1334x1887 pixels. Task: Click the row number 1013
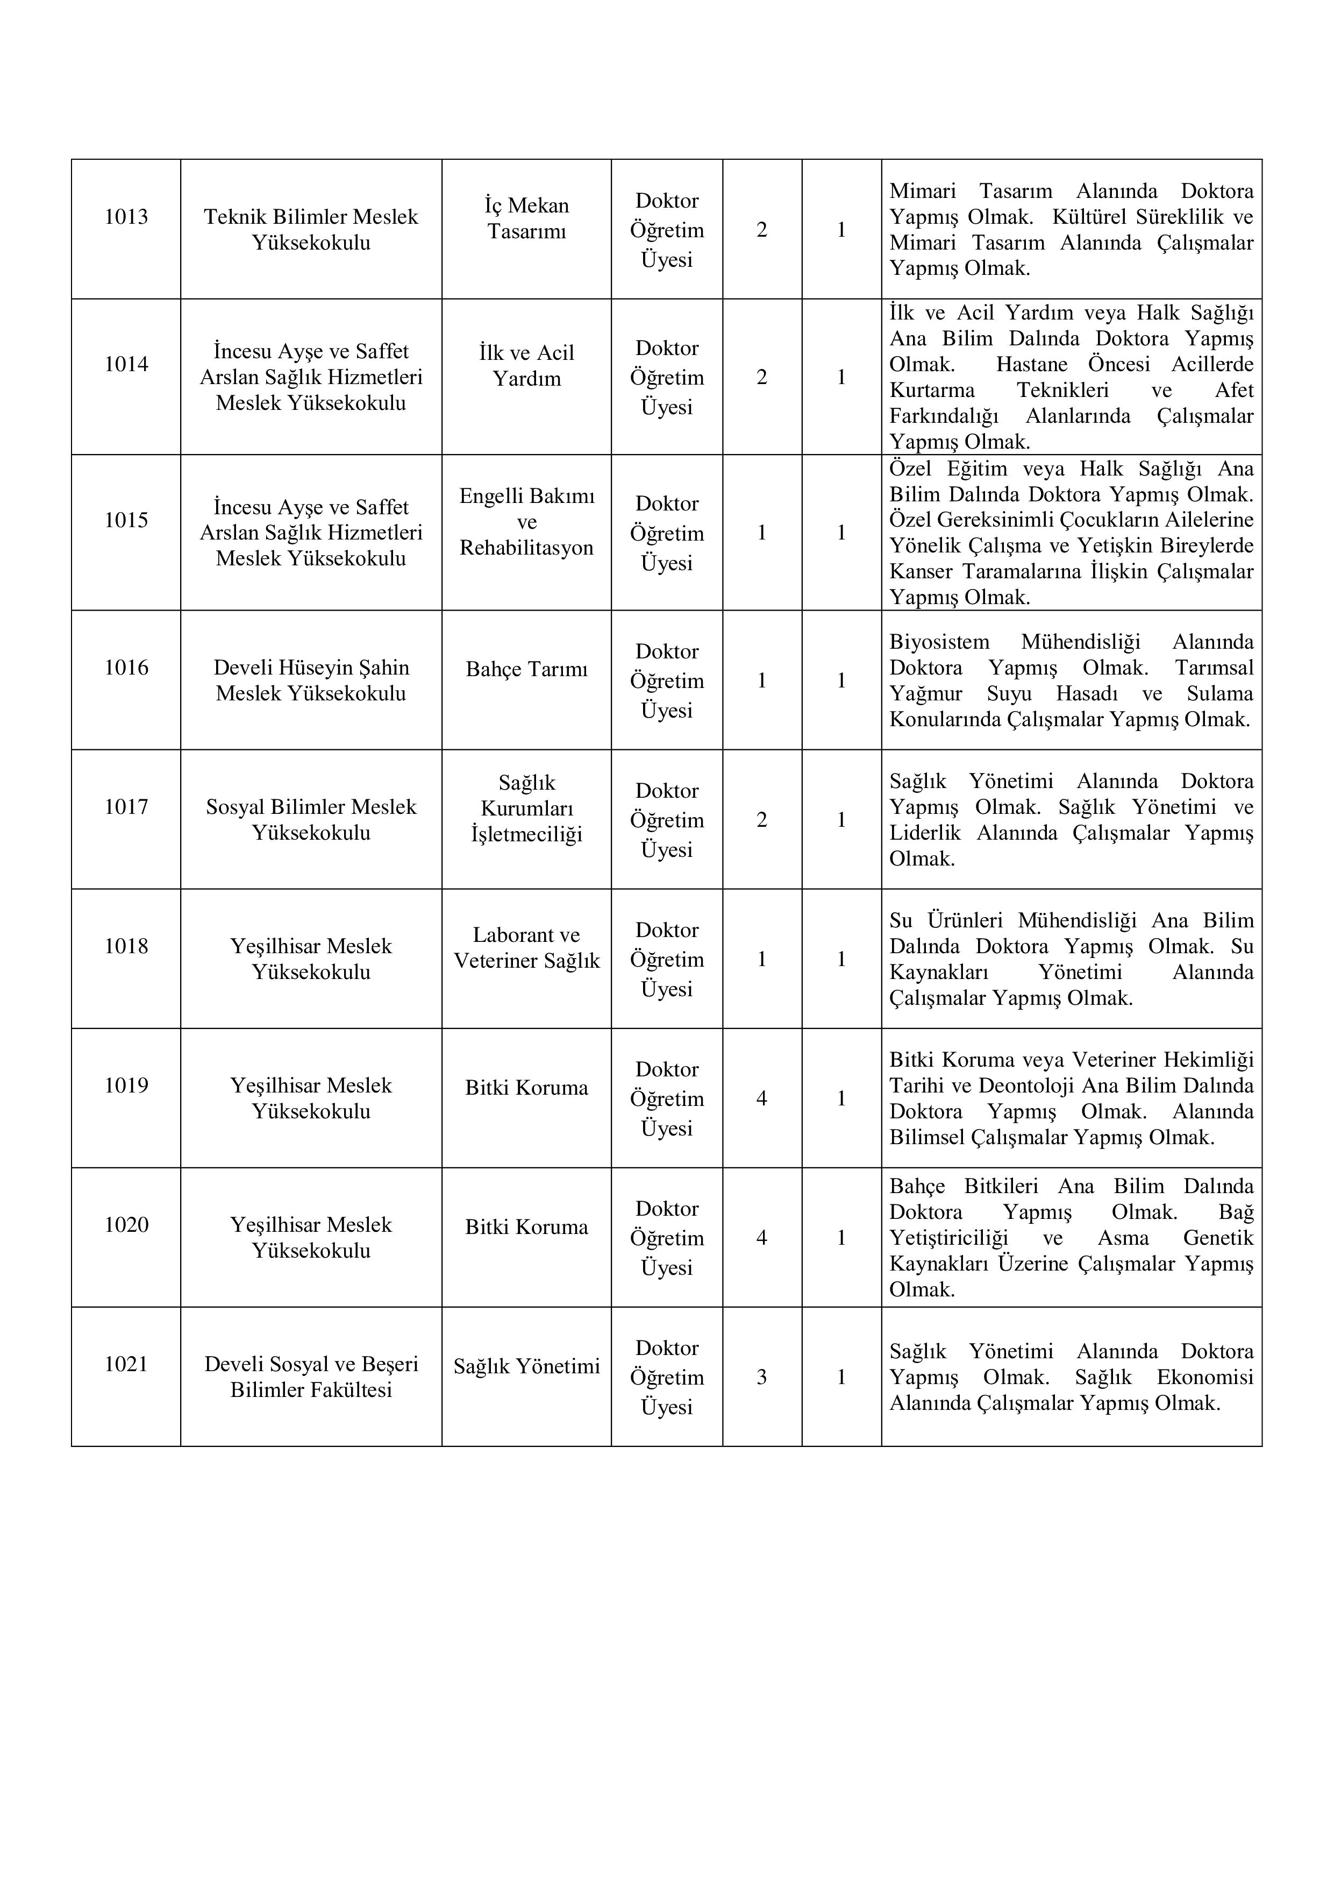pyautogui.click(x=126, y=217)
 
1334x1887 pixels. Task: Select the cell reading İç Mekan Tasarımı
pyautogui.click(x=526, y=218)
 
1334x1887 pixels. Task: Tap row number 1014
pyautogui.click(x=126, y=364)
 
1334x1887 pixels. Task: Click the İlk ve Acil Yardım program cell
pyautogui.click(x=526, y=366)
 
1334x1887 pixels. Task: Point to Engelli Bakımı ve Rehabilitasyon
pyautogui.click(x=526, y=522)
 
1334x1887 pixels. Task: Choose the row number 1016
pyautogui.click(x=126, y=668)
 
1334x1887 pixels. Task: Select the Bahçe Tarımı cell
pyautogui.click(x=526, y=670)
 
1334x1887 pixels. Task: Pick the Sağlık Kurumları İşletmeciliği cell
pyautogui.click(x=526, y=808)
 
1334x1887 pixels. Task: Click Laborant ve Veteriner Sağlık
pyautogui.click(x=526, y=948)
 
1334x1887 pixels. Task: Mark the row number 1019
pyautogui.click(x=126, y=1086)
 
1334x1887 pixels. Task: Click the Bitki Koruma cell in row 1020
pyautogui.click(x=526, y=1227)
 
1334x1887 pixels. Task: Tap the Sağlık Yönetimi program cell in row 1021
pyautogui.click(x=526, y=1366)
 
